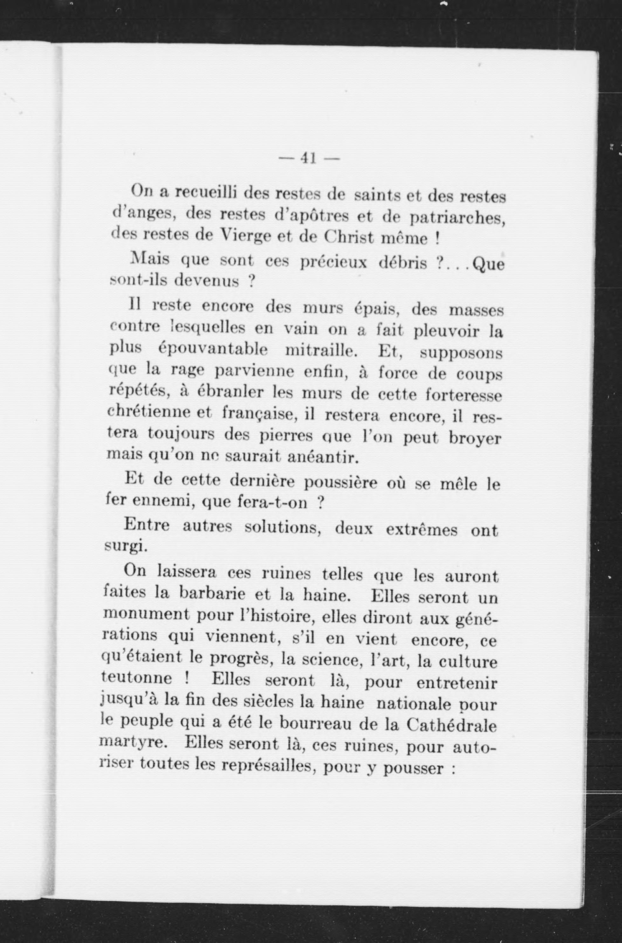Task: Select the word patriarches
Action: tap(457, 218)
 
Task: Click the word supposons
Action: tap(461, 353)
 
